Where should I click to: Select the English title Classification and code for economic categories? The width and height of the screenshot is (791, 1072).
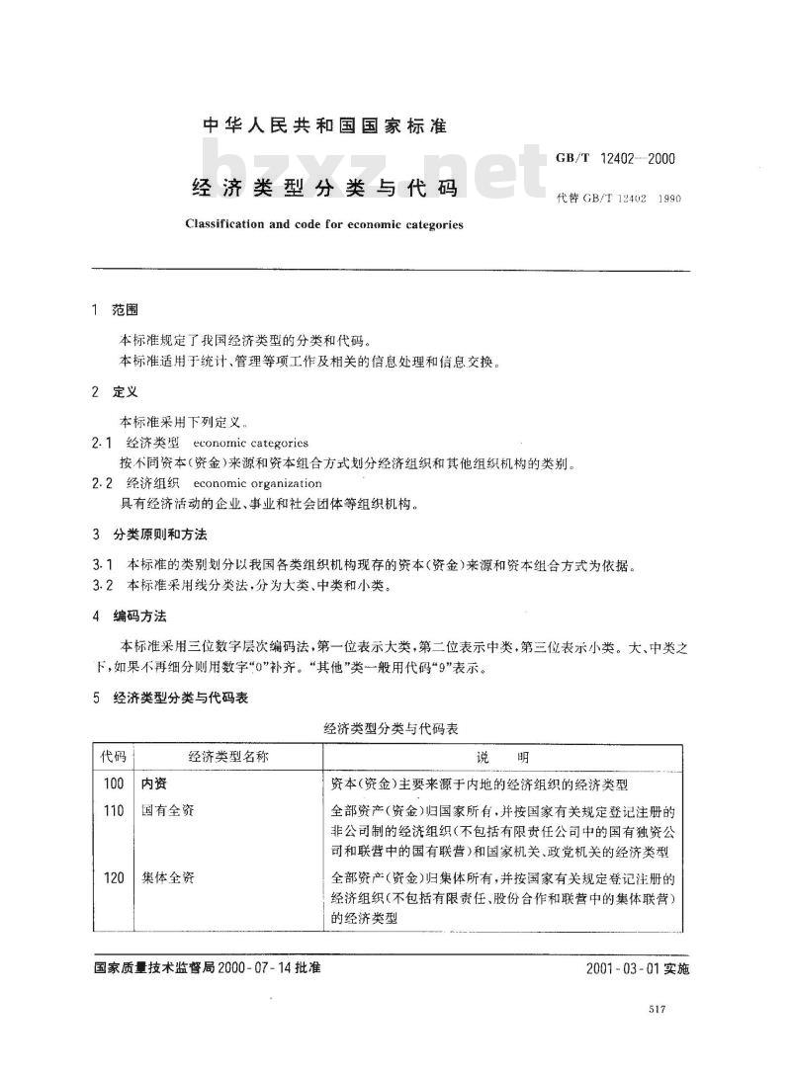323,224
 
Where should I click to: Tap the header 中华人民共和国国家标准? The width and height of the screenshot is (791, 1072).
324,126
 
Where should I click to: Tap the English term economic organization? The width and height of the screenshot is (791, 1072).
258,483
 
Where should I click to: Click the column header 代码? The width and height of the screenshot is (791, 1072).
113,757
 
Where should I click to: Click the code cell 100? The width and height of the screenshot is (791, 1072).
113,784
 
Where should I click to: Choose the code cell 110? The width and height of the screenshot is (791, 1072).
113,811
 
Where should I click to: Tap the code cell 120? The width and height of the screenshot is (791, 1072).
113,877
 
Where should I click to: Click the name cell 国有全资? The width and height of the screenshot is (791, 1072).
167,811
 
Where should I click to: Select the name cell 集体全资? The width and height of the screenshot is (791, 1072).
167,877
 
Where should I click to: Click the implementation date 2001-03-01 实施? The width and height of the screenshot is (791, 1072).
637,968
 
